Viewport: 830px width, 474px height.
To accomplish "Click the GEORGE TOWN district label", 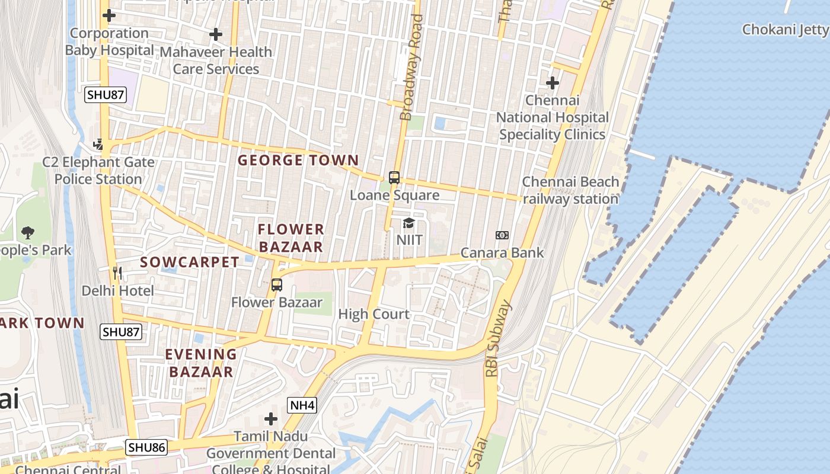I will click(298, 160).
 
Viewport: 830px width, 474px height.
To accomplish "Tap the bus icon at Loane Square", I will click(394, 177).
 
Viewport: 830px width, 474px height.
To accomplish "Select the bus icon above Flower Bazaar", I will click(277, 284).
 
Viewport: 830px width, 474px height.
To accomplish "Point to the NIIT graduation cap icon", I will click(408, 223).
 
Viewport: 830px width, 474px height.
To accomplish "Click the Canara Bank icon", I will click(502, 235).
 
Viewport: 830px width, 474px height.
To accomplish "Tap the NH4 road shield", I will click(302, 405).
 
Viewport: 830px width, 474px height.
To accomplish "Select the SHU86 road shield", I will click(146, 447).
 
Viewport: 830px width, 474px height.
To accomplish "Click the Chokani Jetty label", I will click(785, 29).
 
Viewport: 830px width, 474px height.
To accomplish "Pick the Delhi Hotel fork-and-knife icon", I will click(117, 273).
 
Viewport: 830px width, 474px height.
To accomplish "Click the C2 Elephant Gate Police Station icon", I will click(98, 144).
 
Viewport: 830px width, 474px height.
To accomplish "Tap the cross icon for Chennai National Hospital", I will click(553, 83).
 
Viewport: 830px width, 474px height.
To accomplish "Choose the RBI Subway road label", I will click(497, 339).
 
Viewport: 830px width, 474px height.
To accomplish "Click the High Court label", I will click(373, 314).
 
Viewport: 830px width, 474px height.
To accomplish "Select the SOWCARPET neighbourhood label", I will click(190, 262).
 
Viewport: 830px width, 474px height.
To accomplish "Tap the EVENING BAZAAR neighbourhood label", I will click(200, 363).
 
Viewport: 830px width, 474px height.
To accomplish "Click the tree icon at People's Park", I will click(27, 232).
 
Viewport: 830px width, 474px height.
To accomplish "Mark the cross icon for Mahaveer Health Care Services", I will click(216, 34).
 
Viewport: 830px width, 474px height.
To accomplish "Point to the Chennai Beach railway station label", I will click(570, 190).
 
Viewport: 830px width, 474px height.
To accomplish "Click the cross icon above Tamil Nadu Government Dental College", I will click(271, 419).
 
